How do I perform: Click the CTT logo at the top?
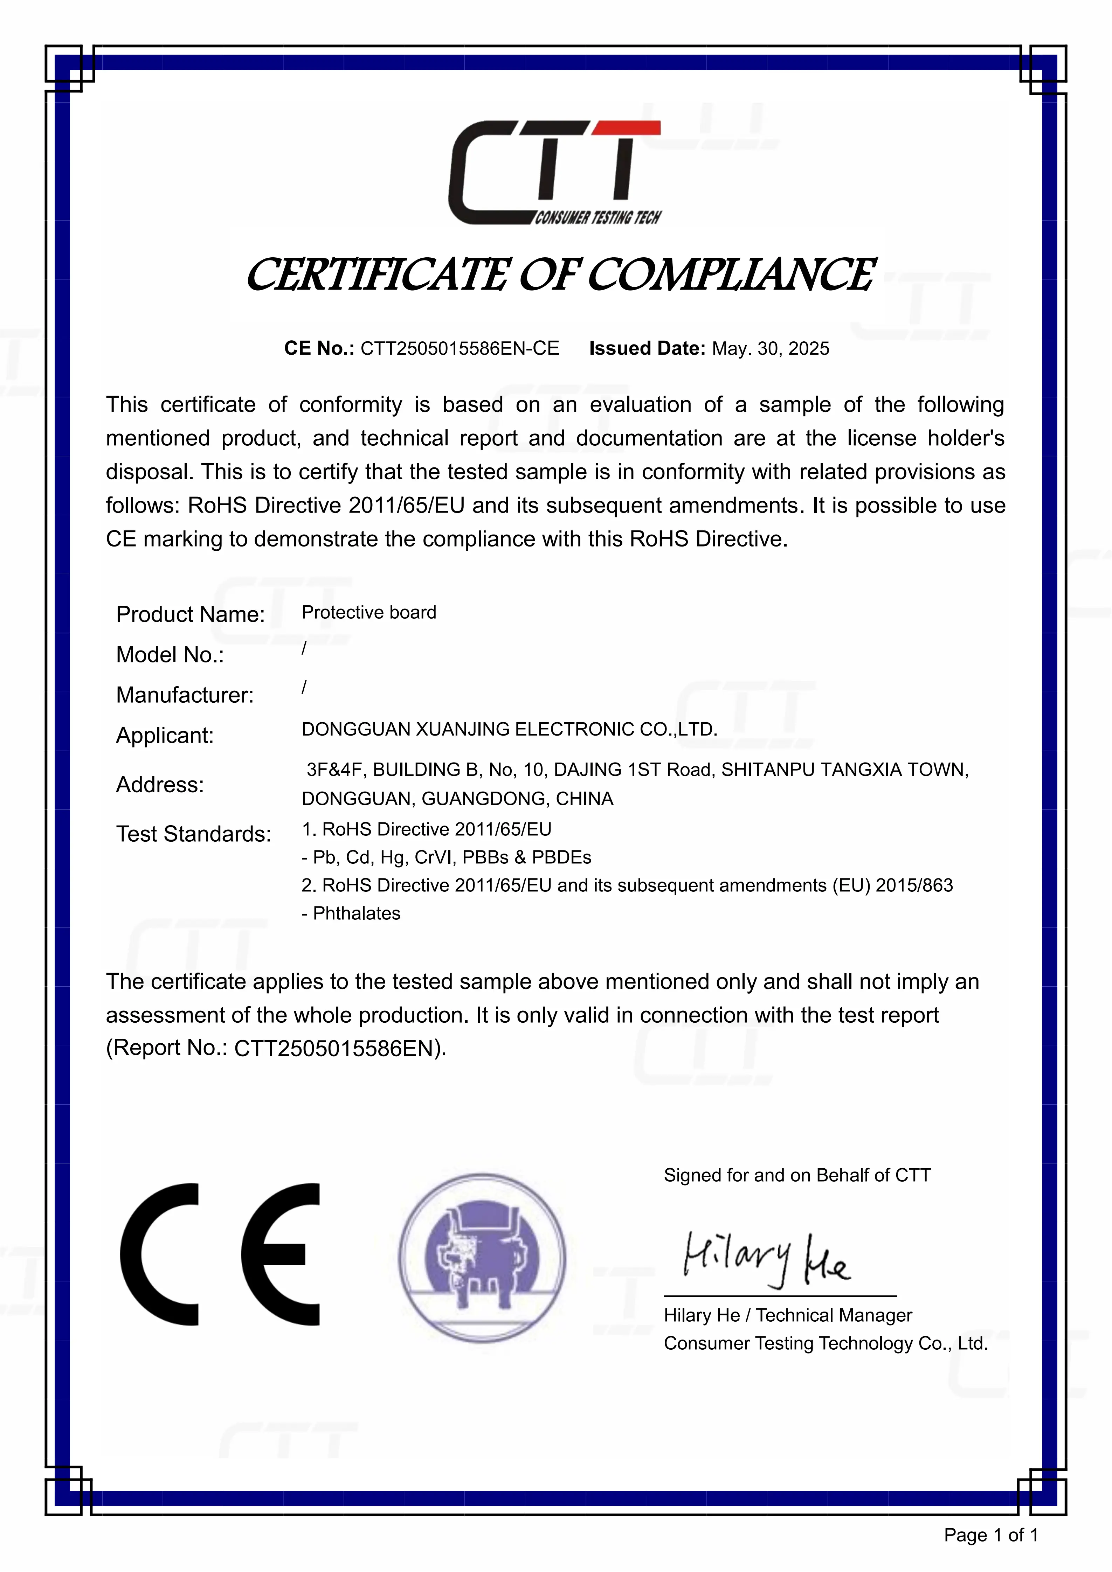point(555,173)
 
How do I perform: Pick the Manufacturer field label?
point(185,695)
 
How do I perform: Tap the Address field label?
point(160,785)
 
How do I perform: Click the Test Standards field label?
point(193,834)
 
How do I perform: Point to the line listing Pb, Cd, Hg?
point(447,857)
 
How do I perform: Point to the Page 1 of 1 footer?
point(991,1535)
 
